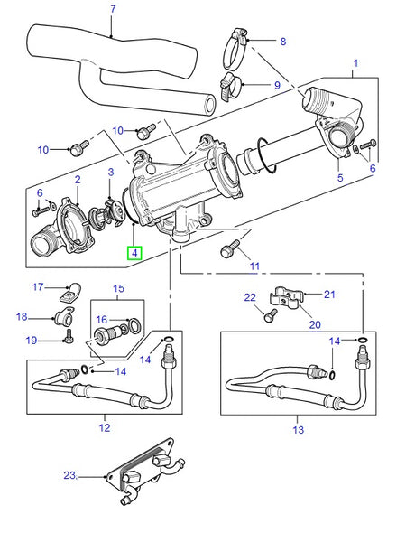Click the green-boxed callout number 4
tap(134, 254)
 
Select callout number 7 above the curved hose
tap(113, 10)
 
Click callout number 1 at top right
tap(356, 63)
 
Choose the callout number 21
tap(330, 295)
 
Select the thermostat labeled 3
tap(115, 209)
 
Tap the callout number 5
tap(340, 180)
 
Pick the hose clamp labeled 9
tap(230, 89)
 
